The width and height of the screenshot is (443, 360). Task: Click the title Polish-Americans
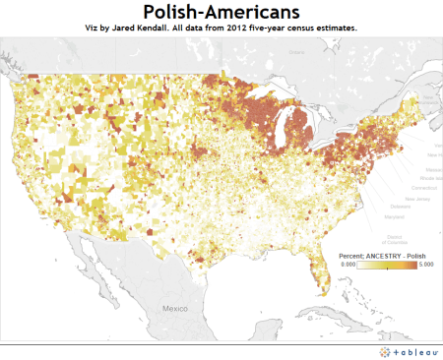point(221,12)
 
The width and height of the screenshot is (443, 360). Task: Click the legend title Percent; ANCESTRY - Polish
point(382,255)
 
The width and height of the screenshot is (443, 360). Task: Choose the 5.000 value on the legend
point(424,265)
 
